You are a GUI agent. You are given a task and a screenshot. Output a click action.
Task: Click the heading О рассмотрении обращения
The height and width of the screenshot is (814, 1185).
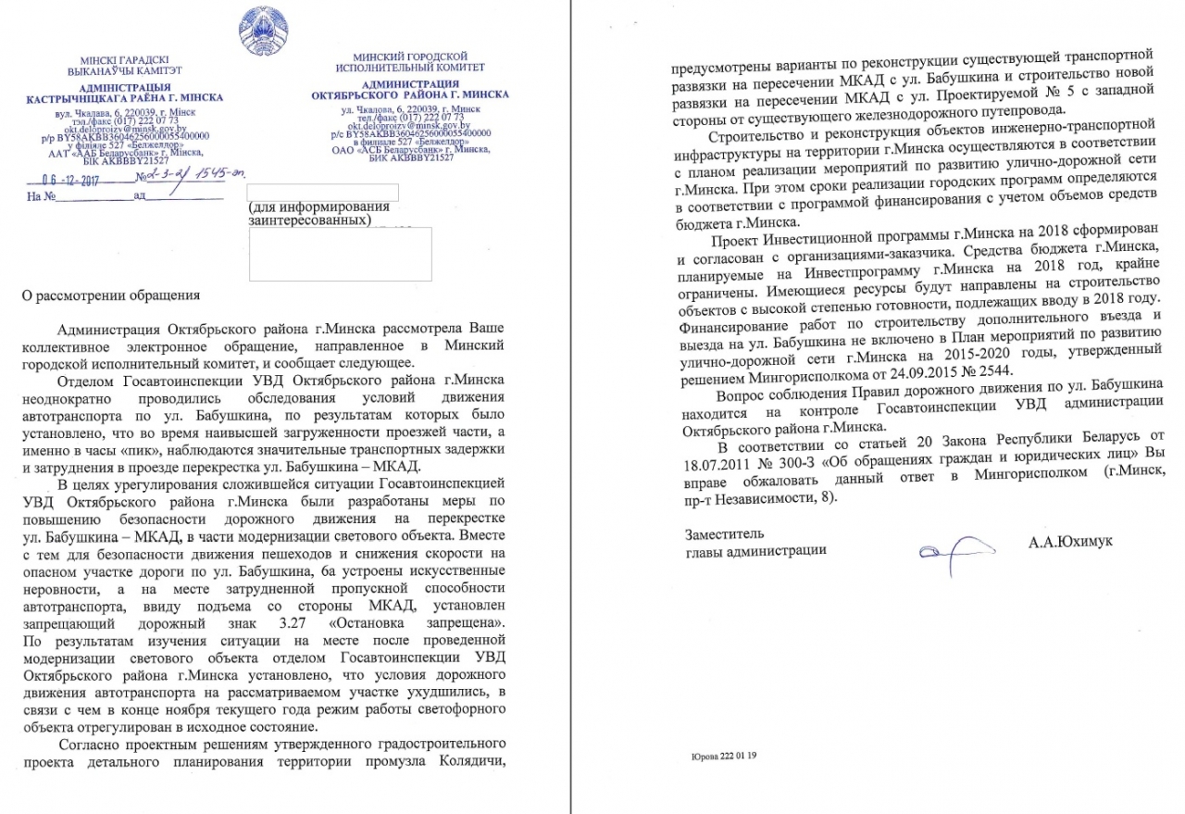tap(110, 297)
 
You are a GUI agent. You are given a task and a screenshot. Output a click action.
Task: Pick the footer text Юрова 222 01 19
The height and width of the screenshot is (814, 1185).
tap(724, 757)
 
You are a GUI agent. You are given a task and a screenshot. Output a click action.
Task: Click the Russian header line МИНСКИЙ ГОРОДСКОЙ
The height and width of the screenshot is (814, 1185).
tap(409, 56)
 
